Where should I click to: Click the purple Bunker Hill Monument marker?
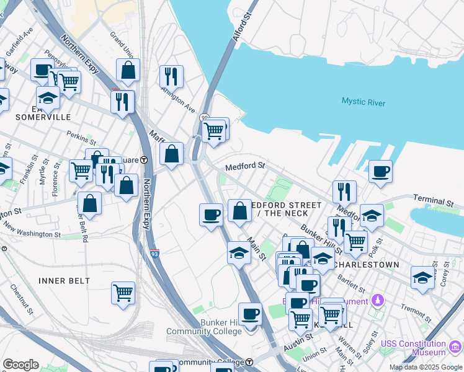378,301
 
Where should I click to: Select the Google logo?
20,365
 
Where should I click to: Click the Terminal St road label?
434,202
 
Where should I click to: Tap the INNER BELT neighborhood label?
65,281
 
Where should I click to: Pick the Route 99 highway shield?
203,117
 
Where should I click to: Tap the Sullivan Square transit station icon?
144,159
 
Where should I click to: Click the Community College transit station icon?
249,362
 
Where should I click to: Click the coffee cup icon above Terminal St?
380,170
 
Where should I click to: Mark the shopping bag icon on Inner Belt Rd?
90,203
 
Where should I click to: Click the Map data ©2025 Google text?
425,367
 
